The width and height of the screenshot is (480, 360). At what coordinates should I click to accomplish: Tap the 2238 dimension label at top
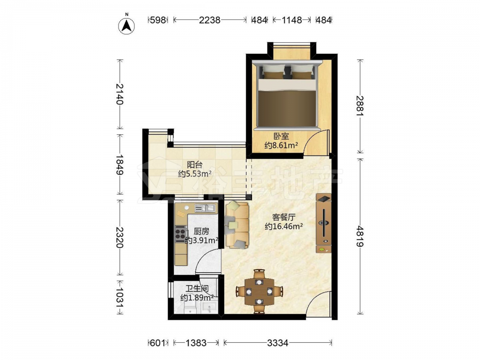pyautogui.click(x=210, y=20)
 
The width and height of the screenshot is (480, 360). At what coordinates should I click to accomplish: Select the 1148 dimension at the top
pyautogui.click(x=292, y=20)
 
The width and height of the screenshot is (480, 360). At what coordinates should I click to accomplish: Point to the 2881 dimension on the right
pyautogui.click(x=360, y=106)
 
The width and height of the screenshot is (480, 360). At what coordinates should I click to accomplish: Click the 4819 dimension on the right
pyautogui.click(x=360, y=236)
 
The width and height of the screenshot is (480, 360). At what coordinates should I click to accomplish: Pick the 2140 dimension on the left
pyautogui.click(x=120, y=94)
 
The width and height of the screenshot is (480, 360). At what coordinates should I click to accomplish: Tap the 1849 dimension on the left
pyautogui.click(x=120, y=164)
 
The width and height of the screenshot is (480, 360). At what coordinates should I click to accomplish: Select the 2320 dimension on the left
pyautogui.click(x=120, y=237)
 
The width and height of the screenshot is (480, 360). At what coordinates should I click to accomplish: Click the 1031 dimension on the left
pyautogui.click(x=120, y=297)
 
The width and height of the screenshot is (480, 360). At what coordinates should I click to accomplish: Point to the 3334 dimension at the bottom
pyautogui.click(x=277, y=343)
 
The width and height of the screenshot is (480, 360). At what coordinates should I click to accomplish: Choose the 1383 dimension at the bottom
pyautogui.click(x=196, y=343)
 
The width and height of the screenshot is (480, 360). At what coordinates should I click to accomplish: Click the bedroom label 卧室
pyautogui.click(x=281, y=136)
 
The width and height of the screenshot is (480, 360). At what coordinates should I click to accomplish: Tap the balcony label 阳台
pyautogui.click(x=195, y=165)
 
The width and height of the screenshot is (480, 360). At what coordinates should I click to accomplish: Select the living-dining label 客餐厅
pyautogui.click(x=284, y=217)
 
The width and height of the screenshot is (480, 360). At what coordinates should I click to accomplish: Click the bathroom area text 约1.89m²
pyautogui.click(x=197, y=298)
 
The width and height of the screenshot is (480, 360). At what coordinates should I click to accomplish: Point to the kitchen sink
pyautogui.click(x=205, y=208)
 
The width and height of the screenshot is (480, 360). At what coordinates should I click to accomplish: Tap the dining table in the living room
pyautogui.click(x=259, y=291)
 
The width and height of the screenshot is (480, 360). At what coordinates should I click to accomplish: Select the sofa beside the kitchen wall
pyautogui.click(x=237, y=225)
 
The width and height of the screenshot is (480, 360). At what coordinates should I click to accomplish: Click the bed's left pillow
pyautogui.click(x=274, y=72)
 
